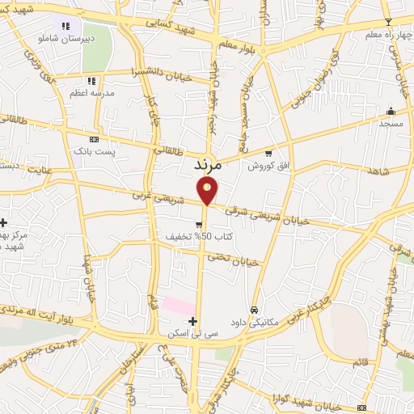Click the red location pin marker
pos(208,190)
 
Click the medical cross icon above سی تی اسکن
pos(192,322)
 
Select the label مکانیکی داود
pos(254,322)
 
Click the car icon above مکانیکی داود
pos(254,310)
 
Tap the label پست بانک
pos(95,151)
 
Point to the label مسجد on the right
pos(391,124)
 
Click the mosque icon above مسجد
pos(391,111)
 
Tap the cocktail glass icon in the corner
pos(387,21)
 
